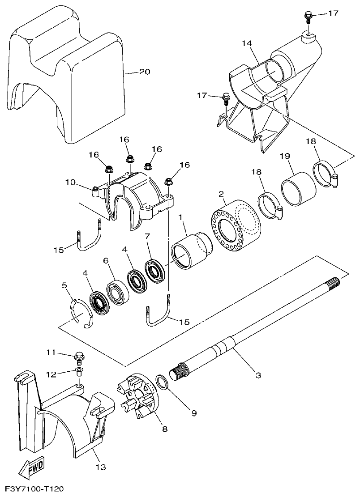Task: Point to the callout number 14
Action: (247, 43)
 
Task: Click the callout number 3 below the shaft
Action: (258, 375)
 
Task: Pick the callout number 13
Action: (101, 467)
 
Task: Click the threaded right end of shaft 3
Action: (334, 283)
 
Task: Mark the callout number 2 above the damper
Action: (221, 194)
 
